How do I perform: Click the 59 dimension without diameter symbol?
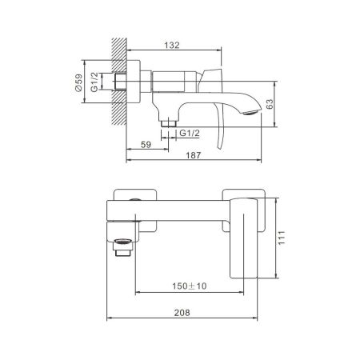(x=146, y=145)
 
